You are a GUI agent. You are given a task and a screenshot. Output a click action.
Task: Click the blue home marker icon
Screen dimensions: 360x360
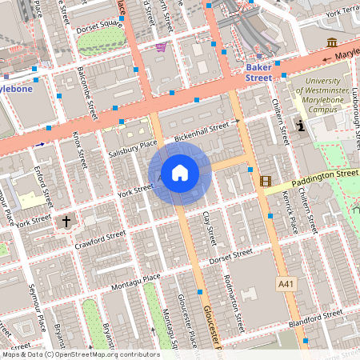point(180,173)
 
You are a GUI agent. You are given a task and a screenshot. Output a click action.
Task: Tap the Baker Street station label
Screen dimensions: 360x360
point(258,72)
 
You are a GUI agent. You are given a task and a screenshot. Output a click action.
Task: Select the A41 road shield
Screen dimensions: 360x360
point(286,283)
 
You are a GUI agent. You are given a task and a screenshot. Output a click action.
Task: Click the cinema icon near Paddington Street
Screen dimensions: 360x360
point(265,182)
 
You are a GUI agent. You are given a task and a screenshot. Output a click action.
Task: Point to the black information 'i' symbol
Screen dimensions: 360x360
point(301,126)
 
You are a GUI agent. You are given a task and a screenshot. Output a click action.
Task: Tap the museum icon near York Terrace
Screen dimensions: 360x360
point(332,42)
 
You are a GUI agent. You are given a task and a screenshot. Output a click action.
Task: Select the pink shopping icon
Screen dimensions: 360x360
point(162,47)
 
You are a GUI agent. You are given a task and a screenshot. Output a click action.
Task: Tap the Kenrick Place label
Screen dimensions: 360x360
point(292,215)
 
